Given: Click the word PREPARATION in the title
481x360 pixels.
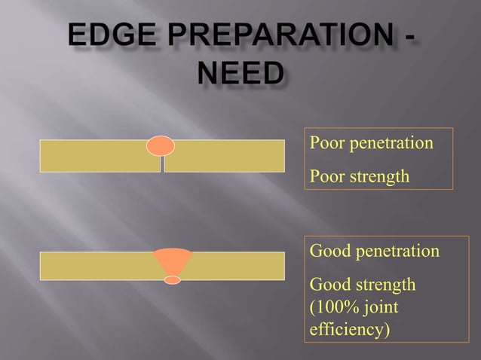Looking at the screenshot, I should [278, 36].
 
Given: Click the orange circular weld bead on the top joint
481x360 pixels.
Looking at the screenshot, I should [161, 145].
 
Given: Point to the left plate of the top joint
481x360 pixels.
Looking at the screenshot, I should [99, 156].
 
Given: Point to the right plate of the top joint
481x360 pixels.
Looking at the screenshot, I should [224, 156].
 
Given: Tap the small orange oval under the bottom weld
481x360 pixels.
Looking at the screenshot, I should [173, 280].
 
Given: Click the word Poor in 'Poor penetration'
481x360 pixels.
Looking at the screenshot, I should [326, 142].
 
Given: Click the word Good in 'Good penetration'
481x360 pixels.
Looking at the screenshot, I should [329, 250].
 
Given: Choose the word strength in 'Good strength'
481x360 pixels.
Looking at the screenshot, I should [384, 285].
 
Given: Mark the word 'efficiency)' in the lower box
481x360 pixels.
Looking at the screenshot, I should [350, 329].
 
